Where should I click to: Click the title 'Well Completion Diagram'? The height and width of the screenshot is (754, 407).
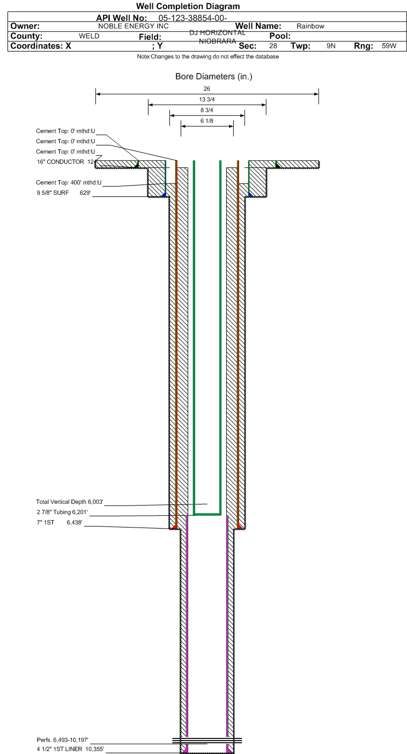[188, 6]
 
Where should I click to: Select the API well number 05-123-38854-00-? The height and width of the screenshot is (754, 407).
[193, 18]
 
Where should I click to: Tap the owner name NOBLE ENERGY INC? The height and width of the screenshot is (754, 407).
[133, 26]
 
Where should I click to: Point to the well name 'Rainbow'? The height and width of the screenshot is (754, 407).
[310, 26]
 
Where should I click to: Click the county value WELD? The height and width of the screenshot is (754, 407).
[89, 36]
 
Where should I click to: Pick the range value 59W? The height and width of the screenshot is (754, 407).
[389, 46]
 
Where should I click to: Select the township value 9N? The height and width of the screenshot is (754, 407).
[331, 46]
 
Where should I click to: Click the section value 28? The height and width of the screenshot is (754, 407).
[273, 46]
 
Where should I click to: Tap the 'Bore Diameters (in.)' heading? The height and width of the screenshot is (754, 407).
[213, 76]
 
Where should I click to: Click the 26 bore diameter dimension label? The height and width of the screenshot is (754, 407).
[206, 89]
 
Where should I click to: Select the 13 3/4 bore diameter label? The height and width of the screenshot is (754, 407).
[206, 99]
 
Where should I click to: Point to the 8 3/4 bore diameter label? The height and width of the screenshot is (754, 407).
[206, 110]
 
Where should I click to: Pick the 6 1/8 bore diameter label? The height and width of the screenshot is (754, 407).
[206, 121]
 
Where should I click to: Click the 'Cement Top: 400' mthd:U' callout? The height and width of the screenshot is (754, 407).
[69, 182]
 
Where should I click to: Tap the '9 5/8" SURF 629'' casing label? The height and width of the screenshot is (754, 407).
[64, 193]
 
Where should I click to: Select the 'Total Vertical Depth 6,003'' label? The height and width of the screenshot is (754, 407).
[70, 502]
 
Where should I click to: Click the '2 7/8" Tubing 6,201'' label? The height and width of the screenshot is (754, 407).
[62, 512]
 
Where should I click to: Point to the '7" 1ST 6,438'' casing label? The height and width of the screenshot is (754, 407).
[60, 522]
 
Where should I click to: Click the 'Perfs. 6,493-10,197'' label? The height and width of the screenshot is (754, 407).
[63, 740]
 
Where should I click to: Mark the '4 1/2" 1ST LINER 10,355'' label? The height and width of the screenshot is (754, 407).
[70, 749]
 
